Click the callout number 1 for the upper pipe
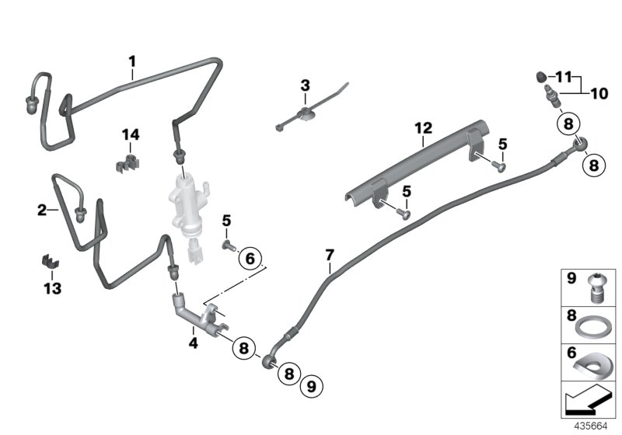(x=132, y=60)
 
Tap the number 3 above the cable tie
(x=305, y=85)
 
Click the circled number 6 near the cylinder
(x=250, y=257)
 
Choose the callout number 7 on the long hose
(x=330, y=255)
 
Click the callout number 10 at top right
(x=599, y=94)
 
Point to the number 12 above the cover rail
(x=422, y=127)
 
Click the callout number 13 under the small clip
(x=51, y=288)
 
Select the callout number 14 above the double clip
(x=130, y=135)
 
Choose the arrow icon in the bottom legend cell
(x=589, y=402)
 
